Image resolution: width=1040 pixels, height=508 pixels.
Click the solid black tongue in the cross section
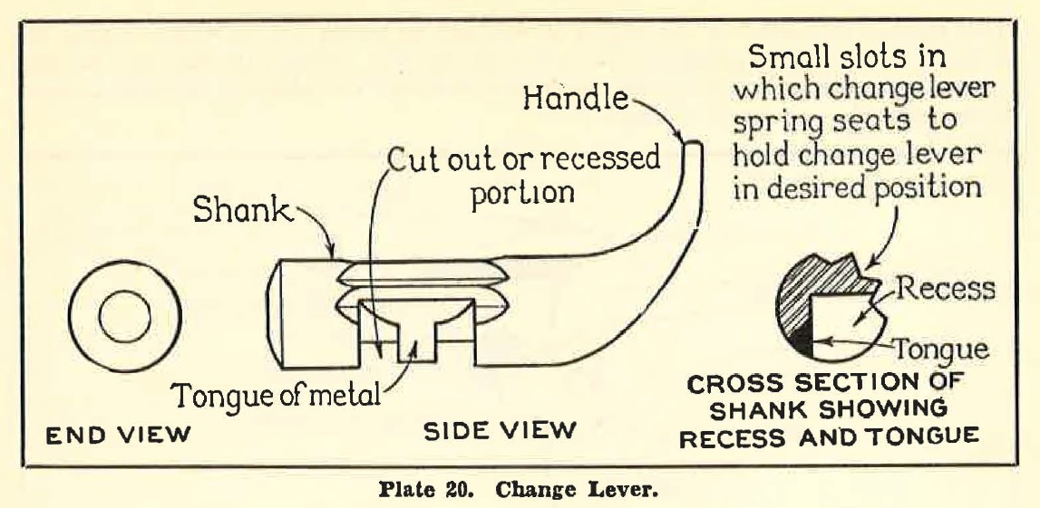(800, 343)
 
